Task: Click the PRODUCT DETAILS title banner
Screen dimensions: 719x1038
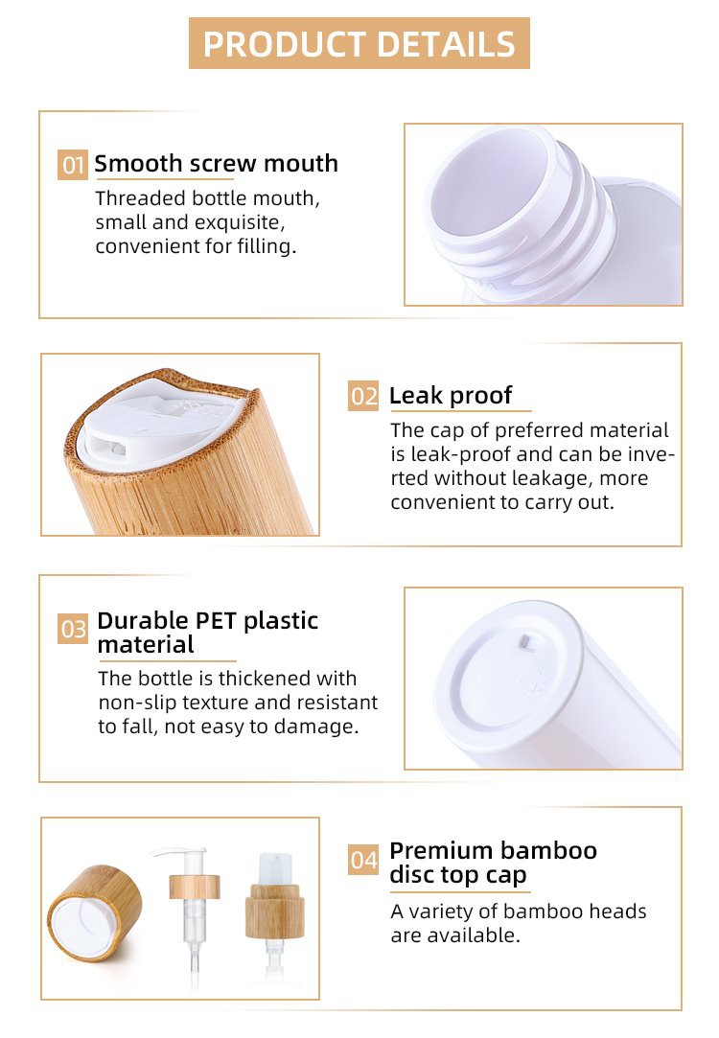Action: click(359, 43)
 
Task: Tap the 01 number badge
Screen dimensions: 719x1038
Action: click(72, 165)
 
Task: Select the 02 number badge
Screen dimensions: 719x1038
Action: click(363, 396)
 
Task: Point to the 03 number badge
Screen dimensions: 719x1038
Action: click(73, 628)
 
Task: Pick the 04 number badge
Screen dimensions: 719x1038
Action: click(363, 860)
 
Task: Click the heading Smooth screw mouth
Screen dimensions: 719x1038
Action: click(216, 164)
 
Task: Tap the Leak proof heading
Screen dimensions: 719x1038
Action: click(451, 395)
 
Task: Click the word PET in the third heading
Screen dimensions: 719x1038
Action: click(216, 620)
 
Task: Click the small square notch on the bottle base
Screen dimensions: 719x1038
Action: click(525, 641)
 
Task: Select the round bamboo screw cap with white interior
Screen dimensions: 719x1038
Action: click(95, 912)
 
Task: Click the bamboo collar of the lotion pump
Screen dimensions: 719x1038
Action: click(195, 887)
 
